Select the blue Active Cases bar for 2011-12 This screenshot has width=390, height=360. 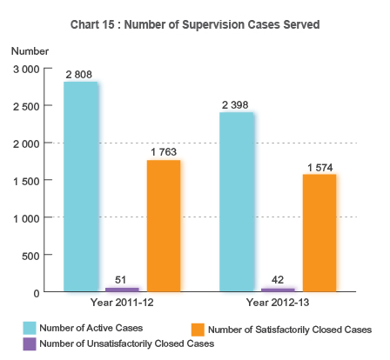80,187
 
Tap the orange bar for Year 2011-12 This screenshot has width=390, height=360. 164,226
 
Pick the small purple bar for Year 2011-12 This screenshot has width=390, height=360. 121,289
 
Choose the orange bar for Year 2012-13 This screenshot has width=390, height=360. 319,233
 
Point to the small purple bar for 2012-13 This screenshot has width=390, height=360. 278,289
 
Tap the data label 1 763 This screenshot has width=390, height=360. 164,153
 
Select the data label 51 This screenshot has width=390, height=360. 121,279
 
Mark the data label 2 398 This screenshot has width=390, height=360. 236,105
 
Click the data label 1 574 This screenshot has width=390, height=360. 319,167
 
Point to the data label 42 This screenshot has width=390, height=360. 278,280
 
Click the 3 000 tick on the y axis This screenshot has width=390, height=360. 25,68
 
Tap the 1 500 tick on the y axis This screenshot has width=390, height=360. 25,180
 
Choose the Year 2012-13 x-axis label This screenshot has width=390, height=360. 278,303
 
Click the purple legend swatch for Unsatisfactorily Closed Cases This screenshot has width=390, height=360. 30,343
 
